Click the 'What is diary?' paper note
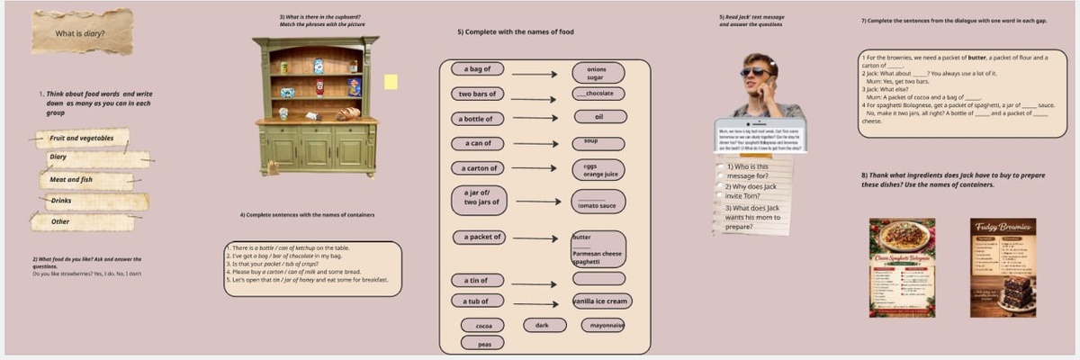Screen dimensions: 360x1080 [x=81, y=33]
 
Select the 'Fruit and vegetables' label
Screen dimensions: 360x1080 [x=82, y=139]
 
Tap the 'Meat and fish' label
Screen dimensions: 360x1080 [x=72, y=180]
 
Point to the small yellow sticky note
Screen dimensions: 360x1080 [x=391, y=82]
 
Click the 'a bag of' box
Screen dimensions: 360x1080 [x=476, y=69]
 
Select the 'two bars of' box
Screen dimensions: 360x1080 [x=476, y=94]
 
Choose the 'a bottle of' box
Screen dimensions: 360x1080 [x=476, y=119]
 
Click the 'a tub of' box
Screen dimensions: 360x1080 [x=476, y=301]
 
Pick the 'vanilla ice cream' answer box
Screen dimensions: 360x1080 [x=602, y=301]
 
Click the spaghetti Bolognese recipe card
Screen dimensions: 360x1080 [x=902, y=267]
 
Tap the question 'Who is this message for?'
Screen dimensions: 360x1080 [x=746, y=171]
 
